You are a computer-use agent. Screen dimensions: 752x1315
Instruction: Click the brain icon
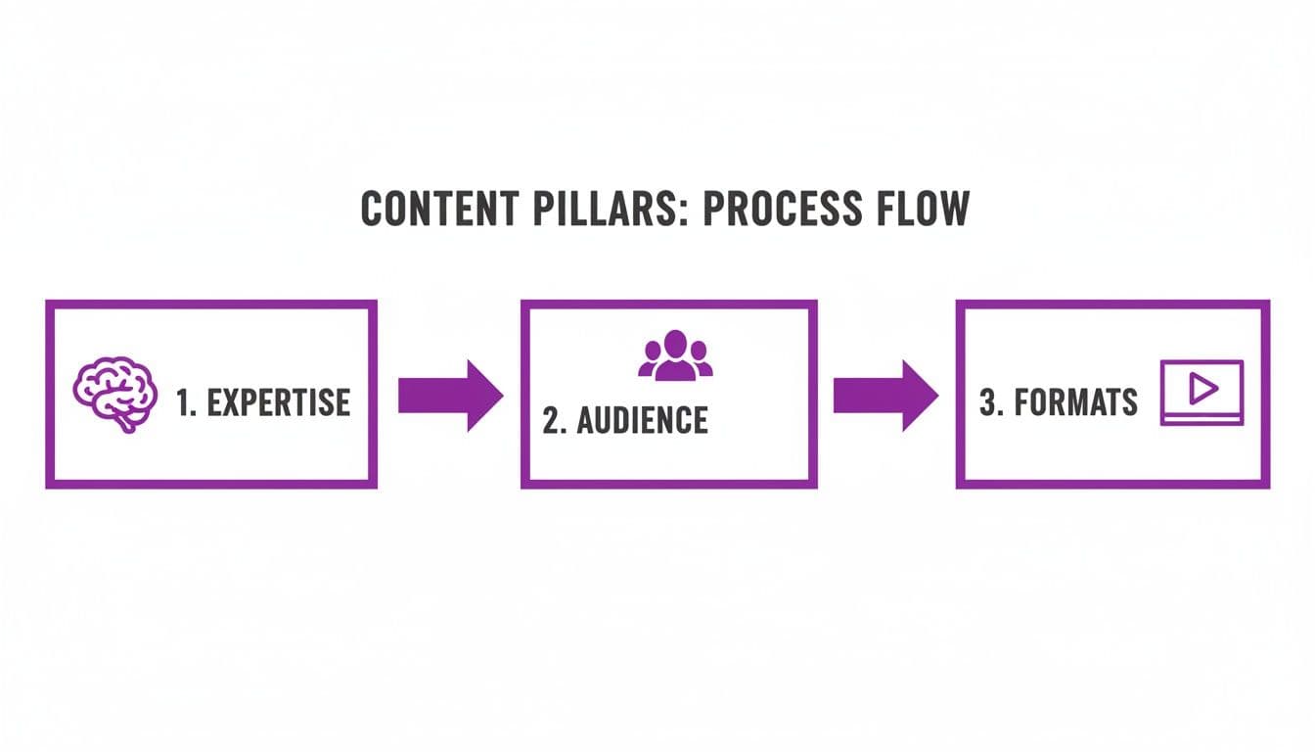click(x=114, y=393)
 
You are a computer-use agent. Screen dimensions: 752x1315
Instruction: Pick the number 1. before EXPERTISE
click(x=187, y=402)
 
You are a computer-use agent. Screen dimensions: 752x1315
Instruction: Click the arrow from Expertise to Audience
click(x=450, y=396)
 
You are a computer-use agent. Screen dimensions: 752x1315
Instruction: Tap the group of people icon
click(x=675, y=355)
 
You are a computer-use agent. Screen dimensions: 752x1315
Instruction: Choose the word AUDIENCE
click(x=642, y=420)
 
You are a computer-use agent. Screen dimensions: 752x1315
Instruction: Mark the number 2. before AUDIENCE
click(x=555, y=420)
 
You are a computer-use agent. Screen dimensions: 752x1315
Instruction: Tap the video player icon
click(x=1201, y=393)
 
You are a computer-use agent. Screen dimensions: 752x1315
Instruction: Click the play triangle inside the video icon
click(x=1202, y=389)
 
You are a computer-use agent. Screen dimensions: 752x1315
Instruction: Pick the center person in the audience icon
click(x=675, y=353)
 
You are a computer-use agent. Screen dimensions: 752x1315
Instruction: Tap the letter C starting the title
click(x=372, y=209)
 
